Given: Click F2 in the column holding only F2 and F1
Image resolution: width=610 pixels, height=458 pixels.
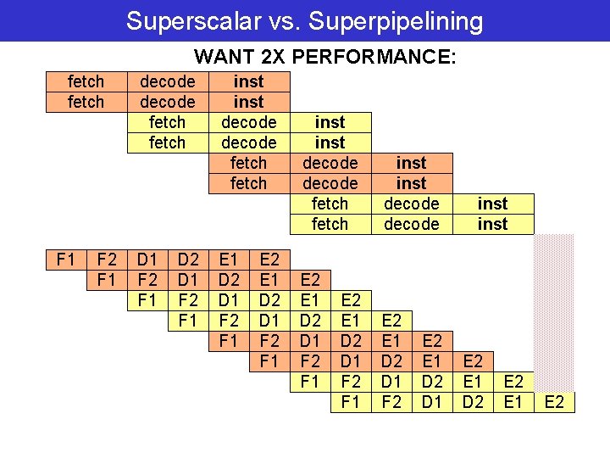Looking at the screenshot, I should [x=106, y=259].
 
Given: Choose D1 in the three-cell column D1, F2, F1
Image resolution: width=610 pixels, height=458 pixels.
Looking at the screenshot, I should [x=147, y=259].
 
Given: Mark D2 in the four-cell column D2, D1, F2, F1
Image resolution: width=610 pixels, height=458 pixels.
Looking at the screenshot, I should [x=188, y=259].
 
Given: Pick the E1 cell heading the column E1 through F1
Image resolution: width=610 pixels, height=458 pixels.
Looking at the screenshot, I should [x=229, y=259].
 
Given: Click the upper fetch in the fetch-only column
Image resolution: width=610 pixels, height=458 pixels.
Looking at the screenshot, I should [x=86, y=82].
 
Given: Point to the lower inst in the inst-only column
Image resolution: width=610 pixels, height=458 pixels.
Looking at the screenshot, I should [x=492, y=224].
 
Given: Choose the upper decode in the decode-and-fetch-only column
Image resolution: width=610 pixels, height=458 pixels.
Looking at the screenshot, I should [x=167, y=82].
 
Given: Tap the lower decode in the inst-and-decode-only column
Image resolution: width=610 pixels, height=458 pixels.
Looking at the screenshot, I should [x=411, y=224].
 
